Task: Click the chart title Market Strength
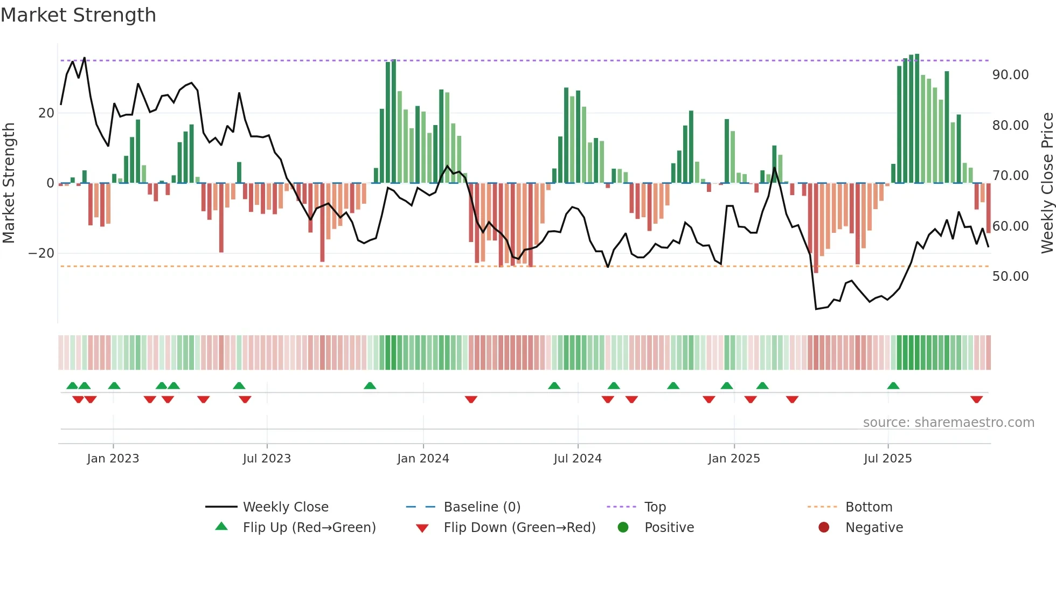click(78, 15)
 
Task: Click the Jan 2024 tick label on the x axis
click(423, 459)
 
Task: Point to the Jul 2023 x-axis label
click(267, 459)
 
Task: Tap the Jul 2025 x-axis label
click(887, 459)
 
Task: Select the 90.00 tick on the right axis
click(1010, 75)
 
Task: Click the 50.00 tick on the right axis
click(1010, 277)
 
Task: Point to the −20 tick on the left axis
click(41, 253)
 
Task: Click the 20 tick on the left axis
click(46, 113)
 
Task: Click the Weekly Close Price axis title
click(1047, 183)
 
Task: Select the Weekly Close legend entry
click(285, 507)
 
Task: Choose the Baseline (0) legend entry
click(482, 507)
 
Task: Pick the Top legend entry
click(655, 507)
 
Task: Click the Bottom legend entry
click(869, 507)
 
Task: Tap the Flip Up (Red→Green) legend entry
click(309, 528)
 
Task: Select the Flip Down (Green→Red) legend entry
click(519, 528)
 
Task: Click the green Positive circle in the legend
click(623, 528)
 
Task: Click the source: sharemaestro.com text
click(948, 423)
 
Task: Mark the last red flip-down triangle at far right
click(976, 399)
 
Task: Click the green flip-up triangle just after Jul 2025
click(893, 386)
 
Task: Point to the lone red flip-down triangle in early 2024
click(471, 399)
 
